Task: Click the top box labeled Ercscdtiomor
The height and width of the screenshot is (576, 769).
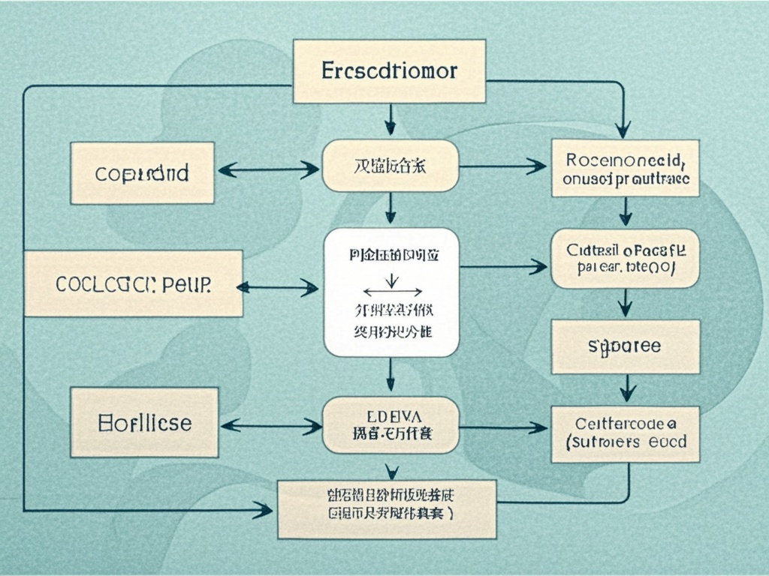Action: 389,72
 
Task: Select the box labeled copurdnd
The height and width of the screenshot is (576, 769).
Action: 143,173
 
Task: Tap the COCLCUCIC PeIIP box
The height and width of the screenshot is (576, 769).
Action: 134,283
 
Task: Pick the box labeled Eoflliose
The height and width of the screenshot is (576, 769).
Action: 144,422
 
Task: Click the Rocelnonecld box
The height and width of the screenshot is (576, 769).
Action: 625,168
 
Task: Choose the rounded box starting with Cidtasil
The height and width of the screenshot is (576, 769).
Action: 625,258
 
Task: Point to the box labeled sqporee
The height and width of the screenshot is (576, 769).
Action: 625,346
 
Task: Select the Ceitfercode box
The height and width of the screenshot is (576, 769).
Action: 625,434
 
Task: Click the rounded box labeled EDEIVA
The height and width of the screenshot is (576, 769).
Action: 390,425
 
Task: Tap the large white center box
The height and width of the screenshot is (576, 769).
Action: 391,292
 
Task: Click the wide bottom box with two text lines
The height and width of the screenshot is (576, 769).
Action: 387,509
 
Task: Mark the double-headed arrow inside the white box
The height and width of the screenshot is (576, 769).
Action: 391,290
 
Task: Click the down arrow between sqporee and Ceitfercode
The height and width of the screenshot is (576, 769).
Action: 628,388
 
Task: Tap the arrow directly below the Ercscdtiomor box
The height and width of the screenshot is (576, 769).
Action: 390,120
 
